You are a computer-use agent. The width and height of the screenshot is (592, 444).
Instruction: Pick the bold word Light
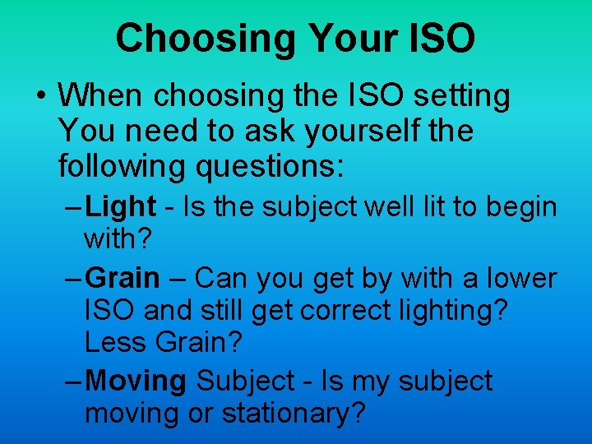click(120, 207)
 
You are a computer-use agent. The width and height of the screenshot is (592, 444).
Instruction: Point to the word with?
click(118, 240)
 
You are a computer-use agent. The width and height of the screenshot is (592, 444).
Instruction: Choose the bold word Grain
click(123, 278)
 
